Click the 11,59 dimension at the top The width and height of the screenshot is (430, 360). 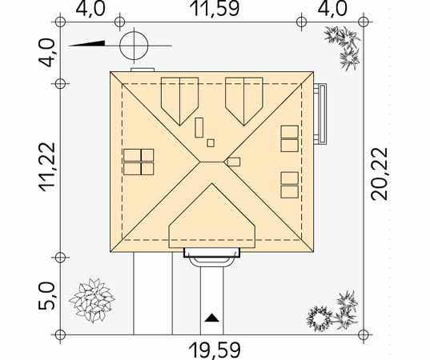215,8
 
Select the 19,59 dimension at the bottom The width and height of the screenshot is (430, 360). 215,350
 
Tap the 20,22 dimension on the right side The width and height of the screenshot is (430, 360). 380,174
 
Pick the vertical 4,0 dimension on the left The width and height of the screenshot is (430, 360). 47,53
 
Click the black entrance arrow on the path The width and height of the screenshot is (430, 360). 212,318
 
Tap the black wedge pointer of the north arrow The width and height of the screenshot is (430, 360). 86,43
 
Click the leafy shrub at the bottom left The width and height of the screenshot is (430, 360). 92,300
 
